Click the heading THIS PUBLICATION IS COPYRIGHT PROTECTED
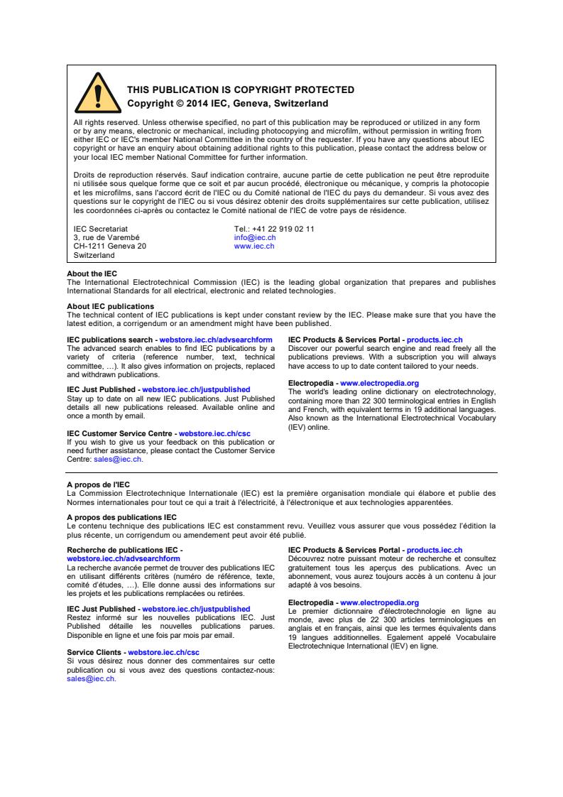click(240, 90)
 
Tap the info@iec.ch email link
click(255, 237)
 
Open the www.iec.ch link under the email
click(254, 246)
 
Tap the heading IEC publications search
click(109, 340)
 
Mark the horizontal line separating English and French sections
click(281, 472)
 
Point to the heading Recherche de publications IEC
click(124, 550)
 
